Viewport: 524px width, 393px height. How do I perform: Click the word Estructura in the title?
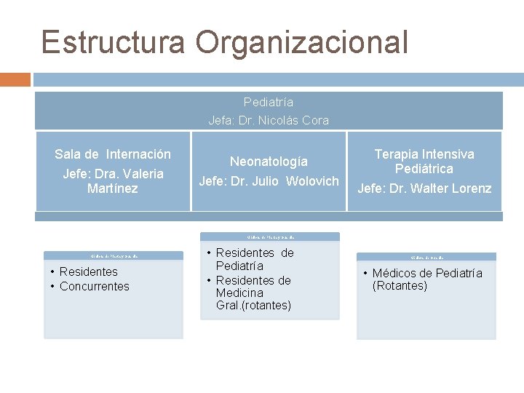114,42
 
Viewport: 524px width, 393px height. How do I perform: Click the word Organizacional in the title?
301,42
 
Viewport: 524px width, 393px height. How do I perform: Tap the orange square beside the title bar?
15,79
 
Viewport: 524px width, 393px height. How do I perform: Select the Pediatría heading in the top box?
269,102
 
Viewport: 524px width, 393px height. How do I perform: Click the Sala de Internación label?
113,154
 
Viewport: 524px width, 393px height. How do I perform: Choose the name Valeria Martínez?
113,181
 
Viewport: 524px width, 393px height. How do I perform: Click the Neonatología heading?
269,161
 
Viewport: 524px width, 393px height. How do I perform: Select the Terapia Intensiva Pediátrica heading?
424,162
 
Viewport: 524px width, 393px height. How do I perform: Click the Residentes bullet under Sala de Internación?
88,272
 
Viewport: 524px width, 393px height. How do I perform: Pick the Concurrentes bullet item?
94,287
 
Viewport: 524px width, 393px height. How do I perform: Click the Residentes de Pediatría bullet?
255,260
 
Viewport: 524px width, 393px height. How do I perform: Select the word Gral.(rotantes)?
253,306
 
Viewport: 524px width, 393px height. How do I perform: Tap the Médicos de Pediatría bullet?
426,274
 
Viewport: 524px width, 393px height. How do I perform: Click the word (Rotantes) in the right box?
400,286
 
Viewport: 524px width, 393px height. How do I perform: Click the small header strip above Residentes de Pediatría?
269,237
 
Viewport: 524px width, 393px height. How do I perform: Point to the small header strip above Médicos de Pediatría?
426,257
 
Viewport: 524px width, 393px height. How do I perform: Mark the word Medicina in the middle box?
239,293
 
